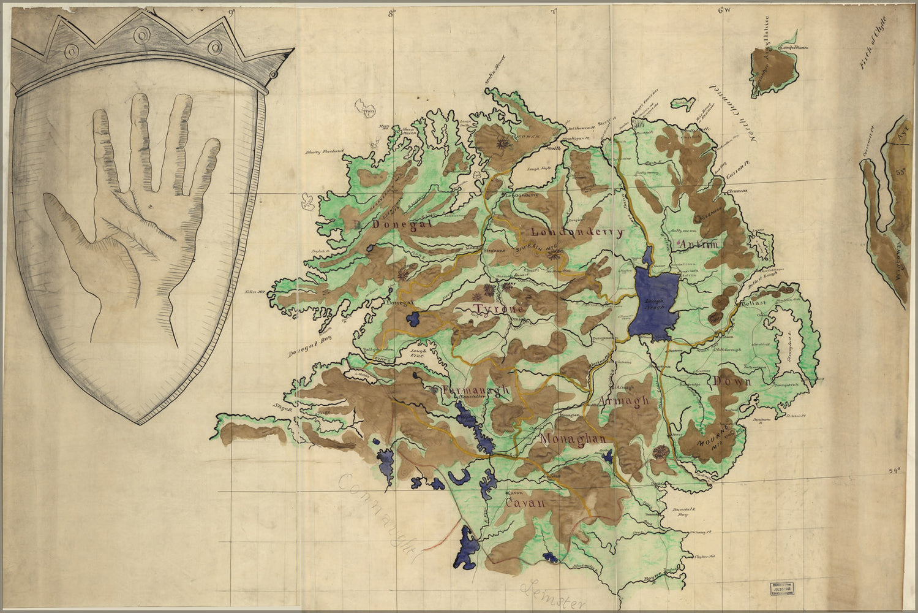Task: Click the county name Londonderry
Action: (576, 232)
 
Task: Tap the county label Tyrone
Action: (498, 310)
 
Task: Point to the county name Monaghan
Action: (573, 439)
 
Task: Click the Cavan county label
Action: (525, 503)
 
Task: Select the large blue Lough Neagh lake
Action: (653, 303)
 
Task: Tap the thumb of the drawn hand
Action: (67, 227)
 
